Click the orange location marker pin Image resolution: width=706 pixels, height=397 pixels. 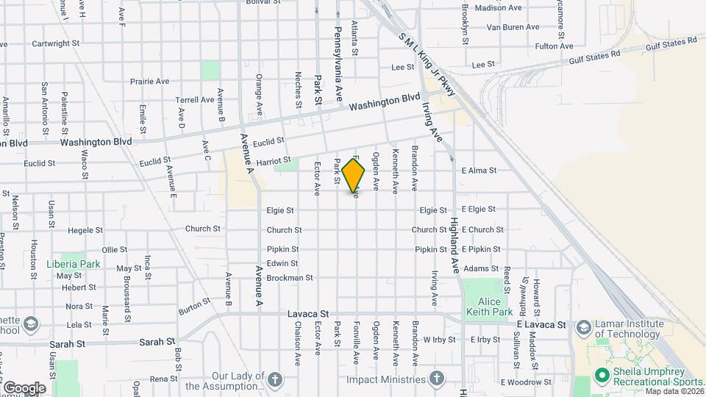[x=354, y=175]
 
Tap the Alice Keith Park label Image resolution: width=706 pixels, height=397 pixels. [x=483, y=307]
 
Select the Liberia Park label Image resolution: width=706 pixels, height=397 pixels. [x=73, y=263]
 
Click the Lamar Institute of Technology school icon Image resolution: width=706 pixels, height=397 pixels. [x=583, y=326]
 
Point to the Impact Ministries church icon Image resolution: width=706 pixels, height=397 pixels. [x=437, y=378]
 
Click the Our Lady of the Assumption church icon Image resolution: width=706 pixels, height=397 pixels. [x=275, y=379]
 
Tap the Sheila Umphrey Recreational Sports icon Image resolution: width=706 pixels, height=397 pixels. [x=602, y=376]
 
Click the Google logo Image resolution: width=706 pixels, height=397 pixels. [x=24, y=387]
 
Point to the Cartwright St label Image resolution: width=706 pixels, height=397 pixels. [x=54, y=43]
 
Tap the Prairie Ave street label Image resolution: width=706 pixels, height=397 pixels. [x=150, y=82]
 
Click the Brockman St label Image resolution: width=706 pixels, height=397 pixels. [x=290, y=278]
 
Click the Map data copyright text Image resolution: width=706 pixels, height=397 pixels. [x=673, y=390]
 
